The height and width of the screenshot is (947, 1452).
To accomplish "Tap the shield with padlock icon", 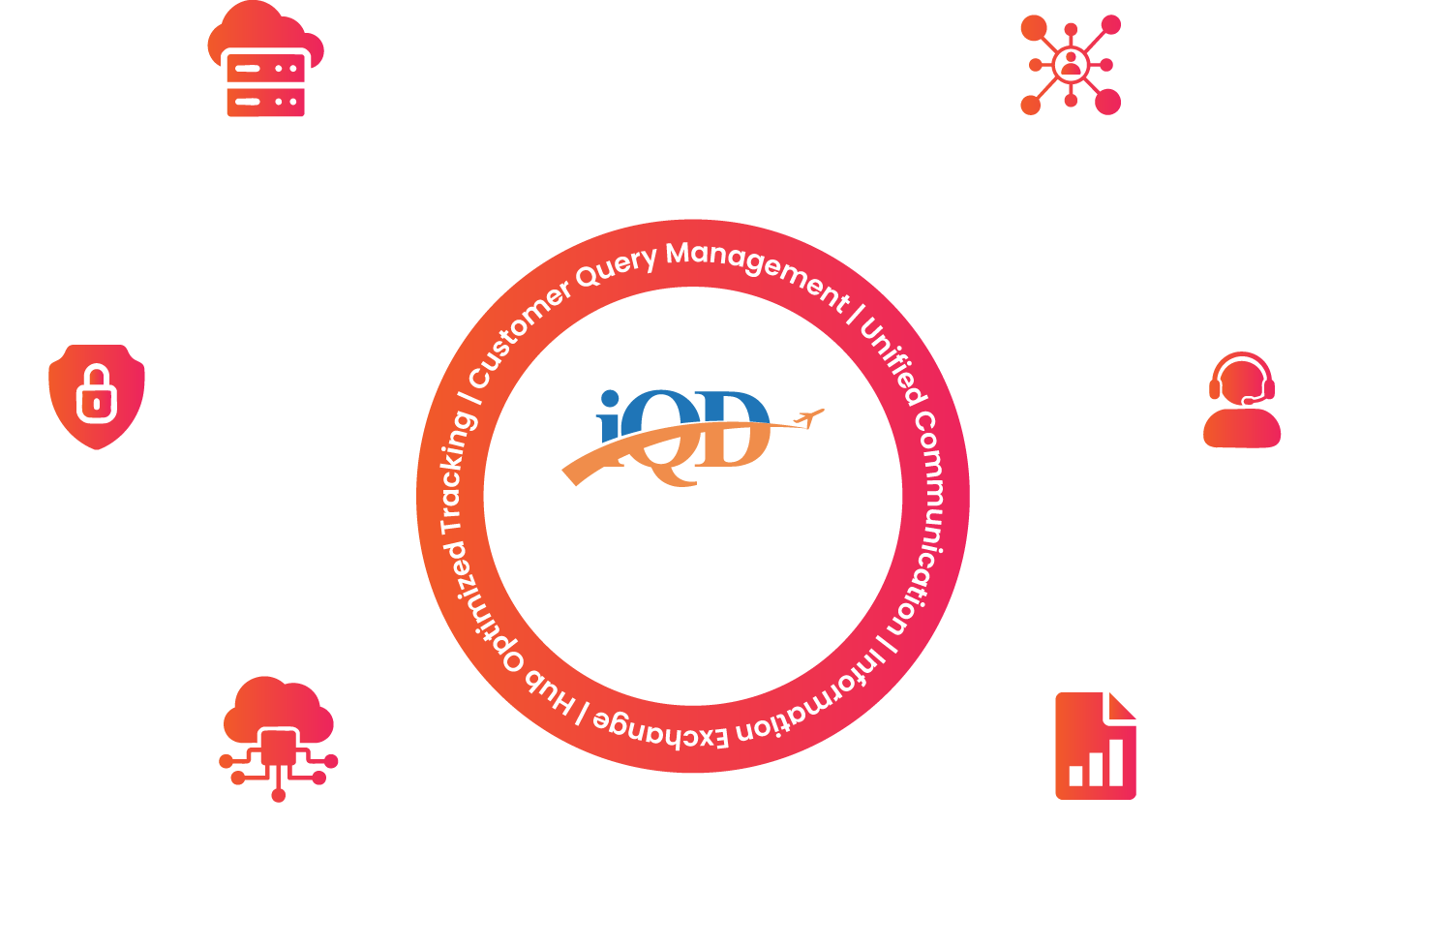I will point(97,396).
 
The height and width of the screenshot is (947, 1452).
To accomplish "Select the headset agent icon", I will point(1242,400).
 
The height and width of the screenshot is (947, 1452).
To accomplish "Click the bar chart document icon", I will point(1095,746).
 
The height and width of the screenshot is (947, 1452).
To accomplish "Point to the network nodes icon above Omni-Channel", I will point(1070,65).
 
